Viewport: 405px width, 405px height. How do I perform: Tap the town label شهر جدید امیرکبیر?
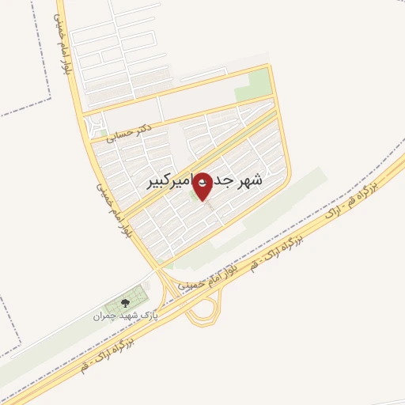pyautogui.click(x=204, y=181)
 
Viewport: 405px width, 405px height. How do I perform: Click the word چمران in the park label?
pyautogui.click(x=106, y=316)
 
